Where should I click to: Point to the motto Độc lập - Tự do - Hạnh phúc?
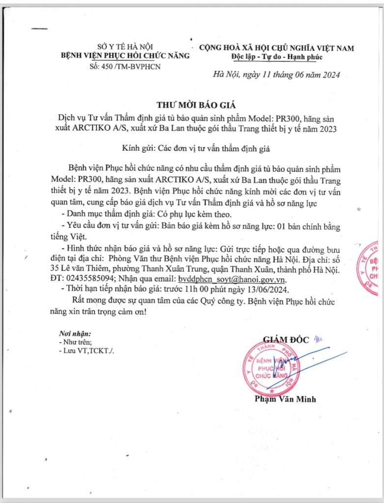coord(276,57)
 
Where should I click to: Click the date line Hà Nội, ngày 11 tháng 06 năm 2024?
coord(276,75)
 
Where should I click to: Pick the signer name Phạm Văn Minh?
coord(285,399)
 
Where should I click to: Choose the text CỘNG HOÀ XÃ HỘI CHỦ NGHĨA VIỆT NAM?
coord(276,48)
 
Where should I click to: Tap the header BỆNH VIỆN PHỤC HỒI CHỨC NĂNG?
coord(125,56)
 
